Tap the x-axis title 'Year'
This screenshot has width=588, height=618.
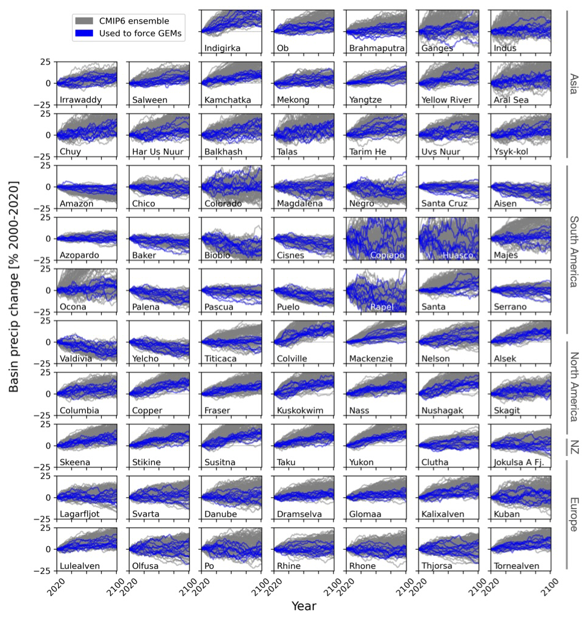304,605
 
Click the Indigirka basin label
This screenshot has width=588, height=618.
224,48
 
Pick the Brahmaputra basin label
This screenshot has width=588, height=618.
375,48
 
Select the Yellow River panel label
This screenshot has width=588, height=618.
446,100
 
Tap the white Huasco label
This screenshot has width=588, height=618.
458,255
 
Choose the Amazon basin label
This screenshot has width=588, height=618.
76,204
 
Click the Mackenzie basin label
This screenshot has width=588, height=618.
371,359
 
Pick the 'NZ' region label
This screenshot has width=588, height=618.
574,447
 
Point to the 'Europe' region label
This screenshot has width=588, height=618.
574,515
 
